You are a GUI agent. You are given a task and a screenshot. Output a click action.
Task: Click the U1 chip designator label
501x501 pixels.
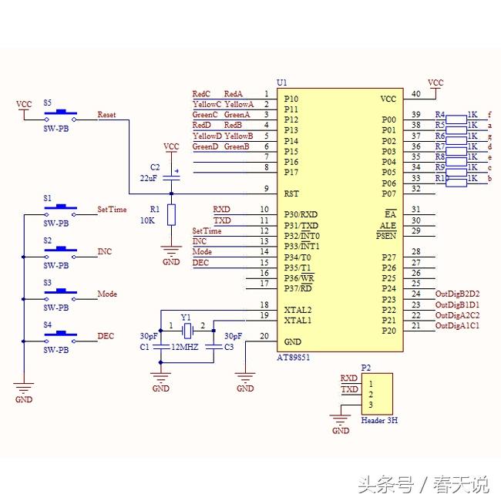point(282,82)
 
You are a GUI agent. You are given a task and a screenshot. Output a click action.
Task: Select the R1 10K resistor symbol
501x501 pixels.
point(171,214)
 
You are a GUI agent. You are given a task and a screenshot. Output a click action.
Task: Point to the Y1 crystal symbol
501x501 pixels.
point(186,330)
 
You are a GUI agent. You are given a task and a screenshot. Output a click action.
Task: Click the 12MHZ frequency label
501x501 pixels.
point(186,347)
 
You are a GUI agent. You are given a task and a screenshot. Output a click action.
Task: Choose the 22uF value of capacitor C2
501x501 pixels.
point(150,178)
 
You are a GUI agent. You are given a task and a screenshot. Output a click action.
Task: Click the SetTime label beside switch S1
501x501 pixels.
point(112,210)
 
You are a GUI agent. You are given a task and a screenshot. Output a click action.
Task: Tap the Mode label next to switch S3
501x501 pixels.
point(106,294)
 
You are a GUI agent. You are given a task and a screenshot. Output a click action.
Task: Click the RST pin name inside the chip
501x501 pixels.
point(291,193)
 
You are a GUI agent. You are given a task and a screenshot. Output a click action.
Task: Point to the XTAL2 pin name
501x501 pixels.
point(298,309)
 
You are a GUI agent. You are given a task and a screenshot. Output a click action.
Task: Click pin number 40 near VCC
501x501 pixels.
point(416,94)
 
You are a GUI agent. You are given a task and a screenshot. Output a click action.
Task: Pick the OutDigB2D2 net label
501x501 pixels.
point(458,294)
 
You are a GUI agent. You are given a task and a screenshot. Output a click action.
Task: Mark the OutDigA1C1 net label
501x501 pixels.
point(458,326)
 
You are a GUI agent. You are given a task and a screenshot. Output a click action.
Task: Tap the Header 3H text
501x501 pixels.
point(379,421)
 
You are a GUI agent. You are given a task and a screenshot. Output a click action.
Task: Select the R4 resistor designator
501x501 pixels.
point(440,114)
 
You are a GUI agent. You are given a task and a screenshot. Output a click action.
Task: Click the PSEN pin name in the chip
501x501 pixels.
point(386,236)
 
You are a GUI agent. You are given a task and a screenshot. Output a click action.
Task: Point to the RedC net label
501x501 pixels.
point(201,93)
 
